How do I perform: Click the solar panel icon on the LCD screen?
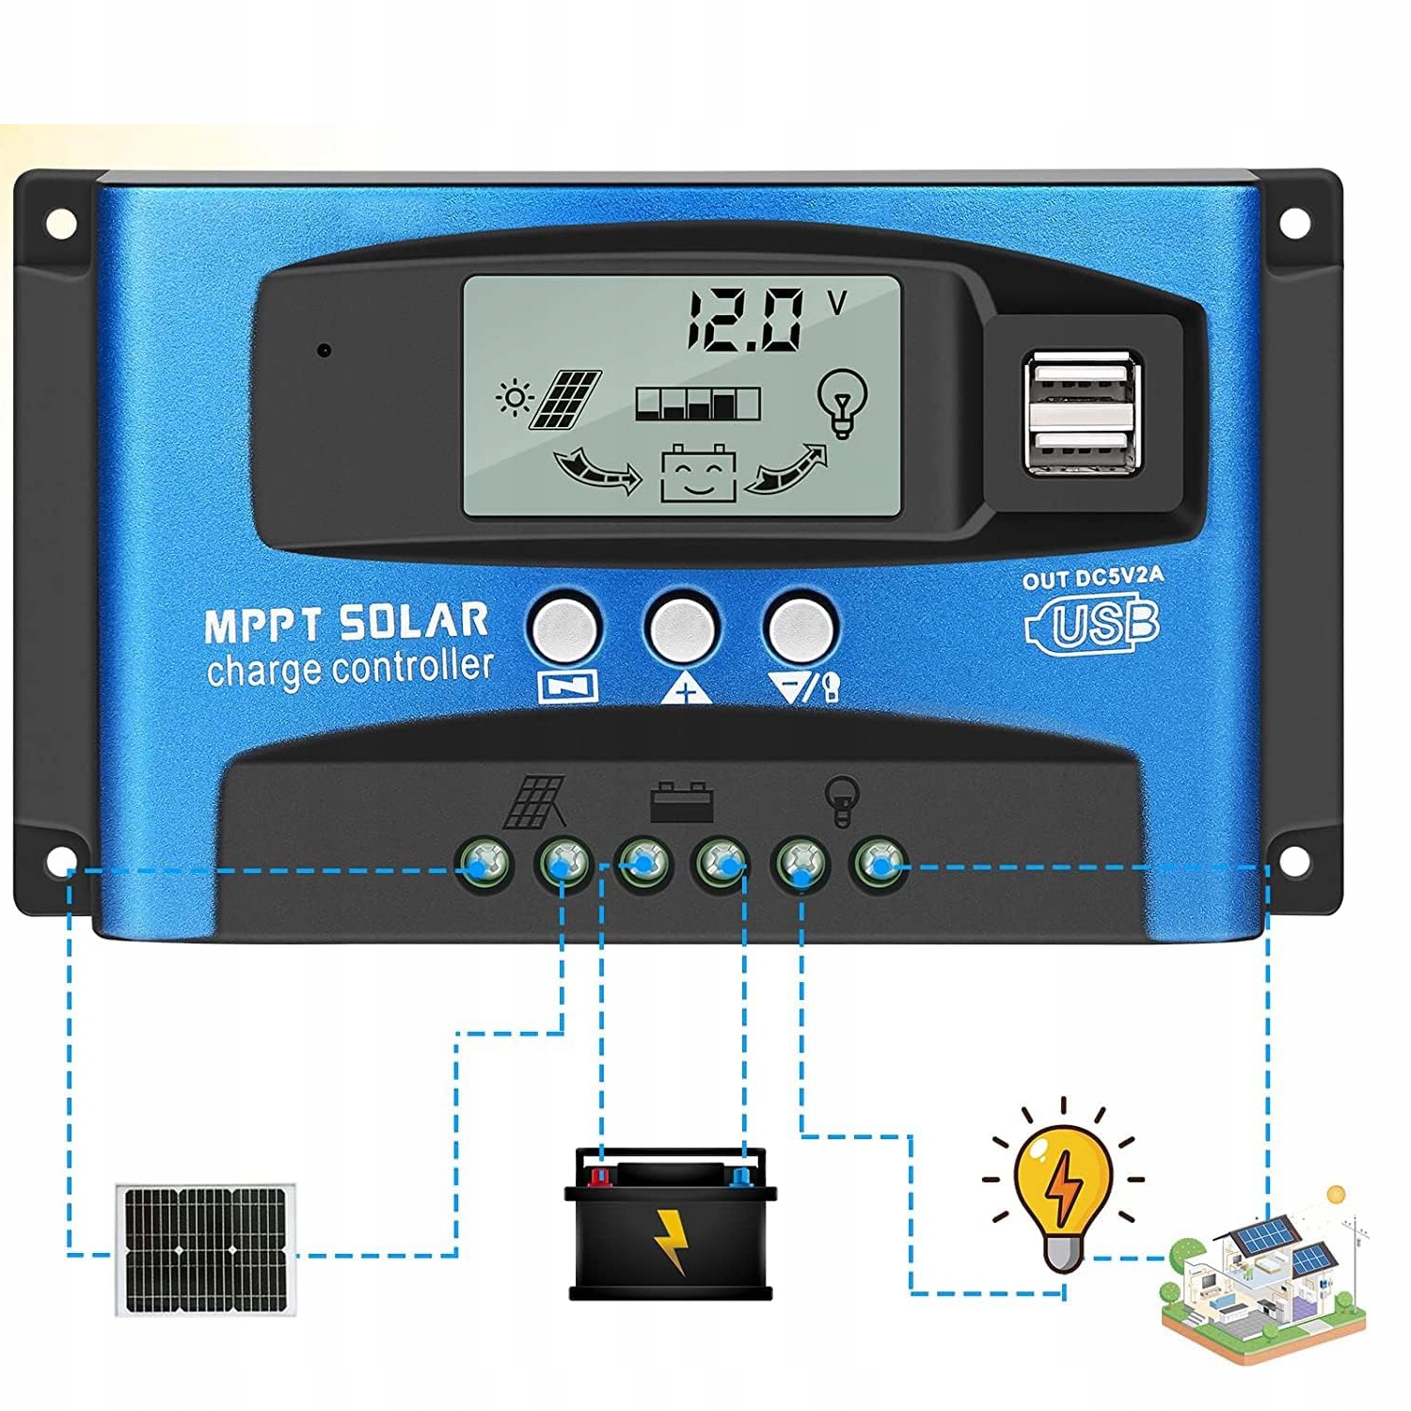(x=565, y=399)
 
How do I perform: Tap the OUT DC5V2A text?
(x=1093, y=578)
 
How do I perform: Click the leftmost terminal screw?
(x=484, y=861)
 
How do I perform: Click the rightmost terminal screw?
(x=880, y=861)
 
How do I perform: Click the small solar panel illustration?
(x=205, y=1248)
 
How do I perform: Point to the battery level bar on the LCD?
(x=697, y=404)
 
